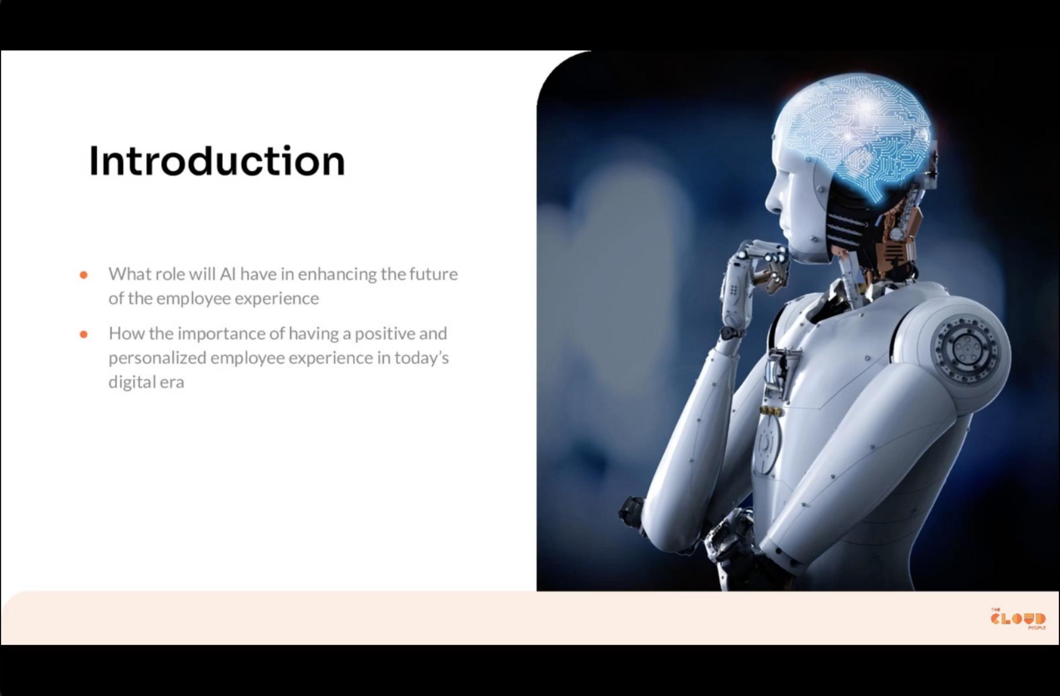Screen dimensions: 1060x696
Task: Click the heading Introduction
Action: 217,161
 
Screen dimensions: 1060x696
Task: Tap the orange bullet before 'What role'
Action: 83,275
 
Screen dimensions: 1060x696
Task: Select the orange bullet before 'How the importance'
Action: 83,334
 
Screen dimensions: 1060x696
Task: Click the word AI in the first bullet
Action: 227,274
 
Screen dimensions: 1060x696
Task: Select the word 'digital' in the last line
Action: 129,382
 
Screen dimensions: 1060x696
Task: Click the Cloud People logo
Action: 1018,619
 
